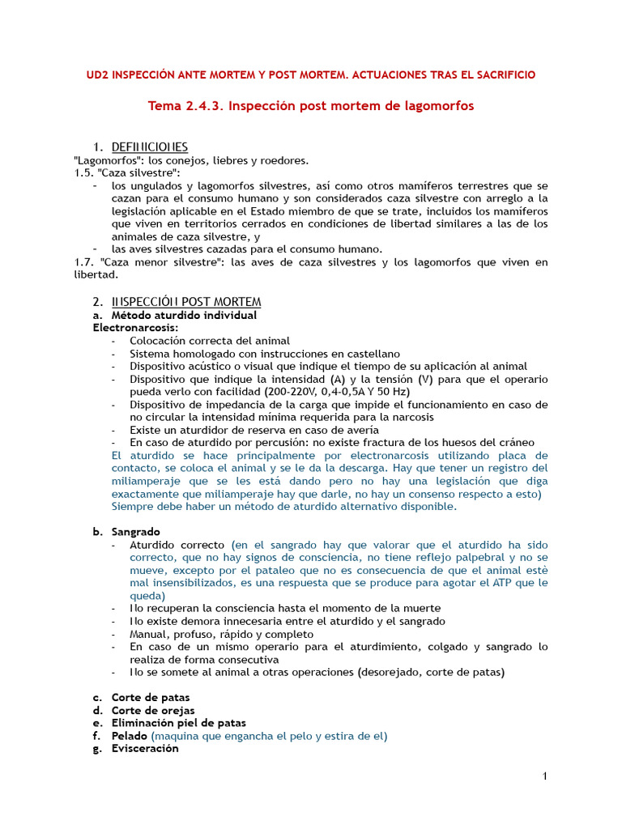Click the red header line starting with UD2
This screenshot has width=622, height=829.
click(x=311, y=74)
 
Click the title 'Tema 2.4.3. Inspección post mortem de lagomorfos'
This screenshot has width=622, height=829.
click(x=311, y=106)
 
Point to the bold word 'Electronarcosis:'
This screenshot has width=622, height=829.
click(x=135, y=328)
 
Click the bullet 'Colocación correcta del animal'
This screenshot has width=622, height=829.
click(x=209, y=341)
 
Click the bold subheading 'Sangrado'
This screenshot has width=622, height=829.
click(x=135, y=532)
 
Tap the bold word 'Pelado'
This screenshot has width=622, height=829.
click(x=130, y=736)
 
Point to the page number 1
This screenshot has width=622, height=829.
click(x=545, y=777)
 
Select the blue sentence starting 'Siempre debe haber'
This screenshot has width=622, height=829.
click(x=283, y=507)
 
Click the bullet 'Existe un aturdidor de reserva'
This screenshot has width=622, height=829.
click(x=253, y=430)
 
